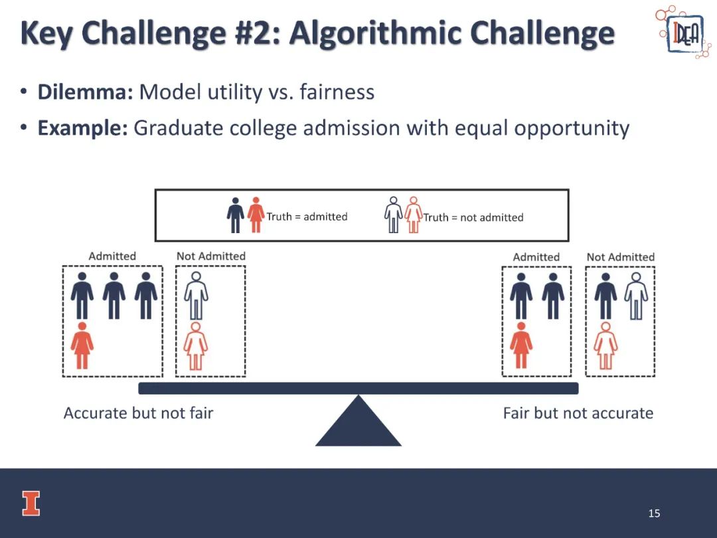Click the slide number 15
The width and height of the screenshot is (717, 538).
[654, 513]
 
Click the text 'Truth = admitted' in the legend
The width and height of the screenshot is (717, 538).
[307, 217]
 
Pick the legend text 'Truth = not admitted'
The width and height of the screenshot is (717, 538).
[473, 217]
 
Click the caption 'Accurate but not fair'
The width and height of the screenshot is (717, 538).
[138, 413]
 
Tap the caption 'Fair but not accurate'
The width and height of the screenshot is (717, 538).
[578, 413]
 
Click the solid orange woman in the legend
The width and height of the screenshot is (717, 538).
[256, 215]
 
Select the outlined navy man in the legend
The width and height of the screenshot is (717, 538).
[393, 215]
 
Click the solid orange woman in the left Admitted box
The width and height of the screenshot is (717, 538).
[82, 345]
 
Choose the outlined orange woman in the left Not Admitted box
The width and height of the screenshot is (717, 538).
[196, 346]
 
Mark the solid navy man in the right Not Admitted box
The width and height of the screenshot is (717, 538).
[605, 296]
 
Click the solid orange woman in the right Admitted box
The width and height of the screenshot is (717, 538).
[521, 345]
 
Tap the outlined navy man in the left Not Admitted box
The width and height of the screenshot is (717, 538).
[196, 296]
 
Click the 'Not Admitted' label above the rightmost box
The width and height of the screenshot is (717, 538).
[620, 257]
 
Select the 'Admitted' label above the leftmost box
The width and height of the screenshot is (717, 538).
[112, 256]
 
